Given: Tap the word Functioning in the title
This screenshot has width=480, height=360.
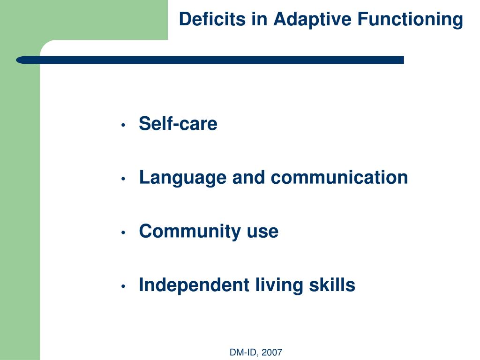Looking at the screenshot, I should [410, 20].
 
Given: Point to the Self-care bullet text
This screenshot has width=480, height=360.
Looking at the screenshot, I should [178, 124].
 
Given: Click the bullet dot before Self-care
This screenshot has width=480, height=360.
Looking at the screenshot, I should [123, 125].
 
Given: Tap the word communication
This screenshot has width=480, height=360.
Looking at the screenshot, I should [339, 178].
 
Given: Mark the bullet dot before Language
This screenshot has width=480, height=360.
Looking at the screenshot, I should [123, 179].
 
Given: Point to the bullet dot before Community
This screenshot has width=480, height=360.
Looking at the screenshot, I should [123, 232].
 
